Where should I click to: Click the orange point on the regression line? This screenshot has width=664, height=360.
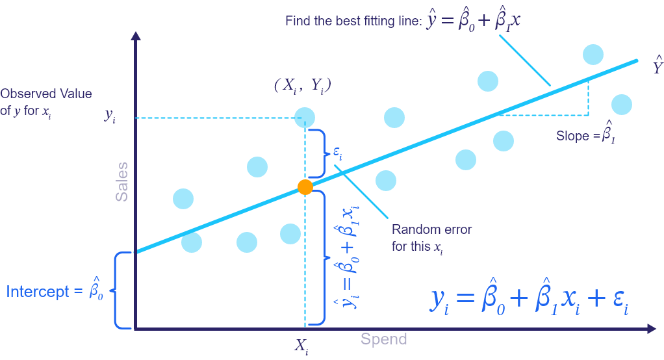[x=305, y=187]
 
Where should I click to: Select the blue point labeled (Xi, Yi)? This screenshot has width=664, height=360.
[x=305, y=118]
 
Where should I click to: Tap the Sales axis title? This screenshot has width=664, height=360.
[x=122, y=181]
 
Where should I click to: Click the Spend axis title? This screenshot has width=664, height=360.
[x=384, y=339]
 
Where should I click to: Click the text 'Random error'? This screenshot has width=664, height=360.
[x=431, y=230]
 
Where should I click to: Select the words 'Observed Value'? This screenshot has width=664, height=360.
[x=46, y=94]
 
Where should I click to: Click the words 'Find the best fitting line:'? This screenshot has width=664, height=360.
[x=353, y=21]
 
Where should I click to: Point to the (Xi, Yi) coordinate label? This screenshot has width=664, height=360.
[x=303, y=85]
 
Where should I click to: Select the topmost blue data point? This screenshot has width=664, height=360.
[x=593, y=55]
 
